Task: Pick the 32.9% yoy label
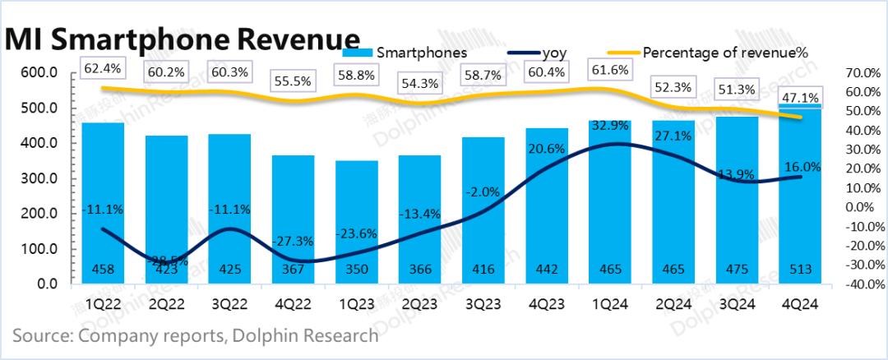(608, 125)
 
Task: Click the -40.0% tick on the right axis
(861, 285)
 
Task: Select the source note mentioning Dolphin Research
(196, 335)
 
